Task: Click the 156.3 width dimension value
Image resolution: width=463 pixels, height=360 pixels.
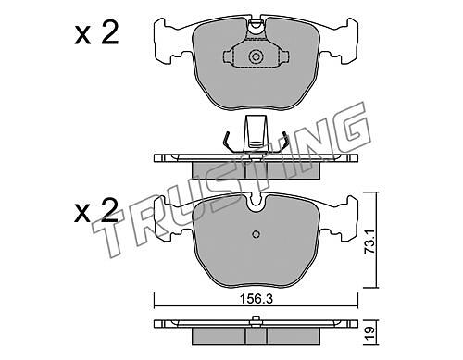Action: (x=256, y=298)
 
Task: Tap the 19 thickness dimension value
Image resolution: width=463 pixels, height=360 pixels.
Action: (x=369, y=333)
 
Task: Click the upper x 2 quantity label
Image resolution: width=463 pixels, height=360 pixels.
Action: (x=96, y=34)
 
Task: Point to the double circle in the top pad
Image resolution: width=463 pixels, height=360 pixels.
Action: (x=256, y=56)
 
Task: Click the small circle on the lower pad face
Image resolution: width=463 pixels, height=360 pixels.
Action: (x=256, y=234)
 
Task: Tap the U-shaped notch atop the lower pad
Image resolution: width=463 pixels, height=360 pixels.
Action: (x=256, y=204)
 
